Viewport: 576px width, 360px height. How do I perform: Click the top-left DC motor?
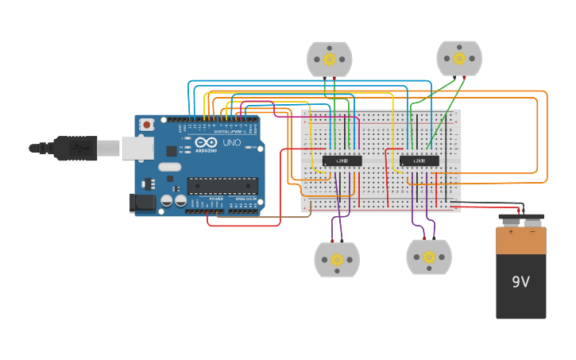pos(329,59)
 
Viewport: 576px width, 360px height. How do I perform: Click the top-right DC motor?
pos(458,58)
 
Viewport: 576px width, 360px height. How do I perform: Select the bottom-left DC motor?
pos(337,259)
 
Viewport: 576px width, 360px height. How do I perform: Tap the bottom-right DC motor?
pos(429,257)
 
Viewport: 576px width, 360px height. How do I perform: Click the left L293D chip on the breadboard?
pos(342,161)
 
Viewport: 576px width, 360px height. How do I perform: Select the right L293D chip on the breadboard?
pos(419,161)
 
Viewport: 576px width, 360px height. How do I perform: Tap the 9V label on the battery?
pos(520,282)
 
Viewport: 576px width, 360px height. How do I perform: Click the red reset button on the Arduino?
pos(147,125)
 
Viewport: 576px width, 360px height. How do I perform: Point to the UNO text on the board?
pos(231,143)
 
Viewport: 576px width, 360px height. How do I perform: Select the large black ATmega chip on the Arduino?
pos(222,185)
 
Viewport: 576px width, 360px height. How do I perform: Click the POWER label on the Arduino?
pos(216,199)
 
